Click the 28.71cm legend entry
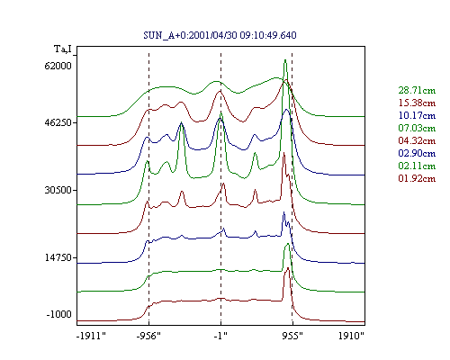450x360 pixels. tap(417, 90)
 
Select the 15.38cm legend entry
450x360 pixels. tap(417, 103)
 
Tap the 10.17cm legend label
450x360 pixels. tap(417, 115)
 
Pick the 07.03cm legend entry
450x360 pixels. tap(417, 128)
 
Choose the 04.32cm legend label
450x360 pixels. tap(417, 140)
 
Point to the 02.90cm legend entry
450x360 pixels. tap(417, 153)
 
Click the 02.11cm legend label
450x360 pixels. tap(417, 166)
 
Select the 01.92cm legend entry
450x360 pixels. tap(417, 178)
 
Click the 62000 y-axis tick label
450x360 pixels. tap(58, 66)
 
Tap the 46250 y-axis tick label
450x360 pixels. tap(58, 122)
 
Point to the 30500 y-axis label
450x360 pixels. tap(58, 190)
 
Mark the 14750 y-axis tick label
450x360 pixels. tap(58, 257)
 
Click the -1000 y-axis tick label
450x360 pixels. tap(59, 314)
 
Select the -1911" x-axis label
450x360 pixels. tap(91, 336)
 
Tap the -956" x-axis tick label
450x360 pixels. tap(148, 336)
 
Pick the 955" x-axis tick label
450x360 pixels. tap(292, 336)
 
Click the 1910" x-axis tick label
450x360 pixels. tap(351, 336)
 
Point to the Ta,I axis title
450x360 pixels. tap(63, 49)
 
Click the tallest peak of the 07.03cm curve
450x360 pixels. tap(285, 60)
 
